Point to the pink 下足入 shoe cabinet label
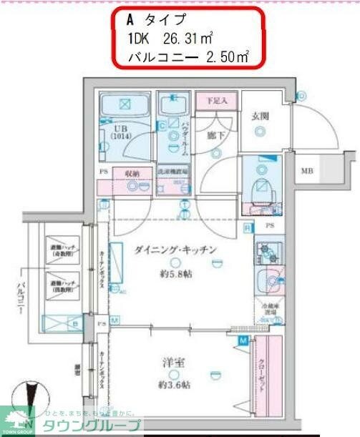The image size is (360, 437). tap(215, 102)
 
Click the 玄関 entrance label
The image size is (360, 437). tap(259, 116)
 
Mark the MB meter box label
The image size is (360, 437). tap(307, 171)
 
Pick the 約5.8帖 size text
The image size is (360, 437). tap(174, 274)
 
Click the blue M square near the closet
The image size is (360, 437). tap(244, 340)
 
